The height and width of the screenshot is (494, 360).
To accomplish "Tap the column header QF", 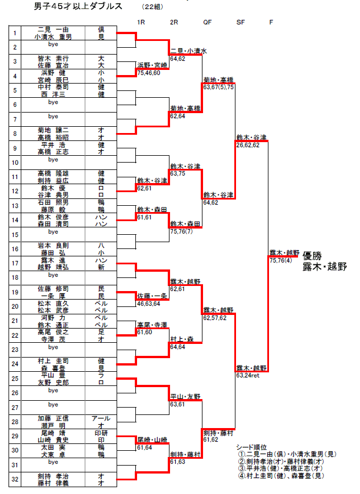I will pos(208,22).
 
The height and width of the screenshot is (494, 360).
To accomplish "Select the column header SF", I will pos(241,22).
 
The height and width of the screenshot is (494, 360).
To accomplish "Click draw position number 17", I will pos(16,263).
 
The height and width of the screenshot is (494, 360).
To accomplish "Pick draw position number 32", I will pos(16,479).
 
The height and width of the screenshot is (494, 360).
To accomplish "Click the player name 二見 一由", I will pos(53,30).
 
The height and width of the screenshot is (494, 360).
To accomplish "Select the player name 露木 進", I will pos(53,260).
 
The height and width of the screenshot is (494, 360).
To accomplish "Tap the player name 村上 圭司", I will pos(53,360).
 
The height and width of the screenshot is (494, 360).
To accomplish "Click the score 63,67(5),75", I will pos(218,87).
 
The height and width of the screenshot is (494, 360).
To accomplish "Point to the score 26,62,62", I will pos(248,145).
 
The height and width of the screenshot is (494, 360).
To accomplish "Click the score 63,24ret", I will pos(248,375).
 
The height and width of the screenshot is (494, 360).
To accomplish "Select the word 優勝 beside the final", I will pos(313,255).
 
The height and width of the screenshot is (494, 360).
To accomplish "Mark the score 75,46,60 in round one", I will pos(149,73).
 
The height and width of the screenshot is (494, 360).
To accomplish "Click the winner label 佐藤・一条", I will pos(152,296).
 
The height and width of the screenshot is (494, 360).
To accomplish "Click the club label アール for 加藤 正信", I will pos(101,418).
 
